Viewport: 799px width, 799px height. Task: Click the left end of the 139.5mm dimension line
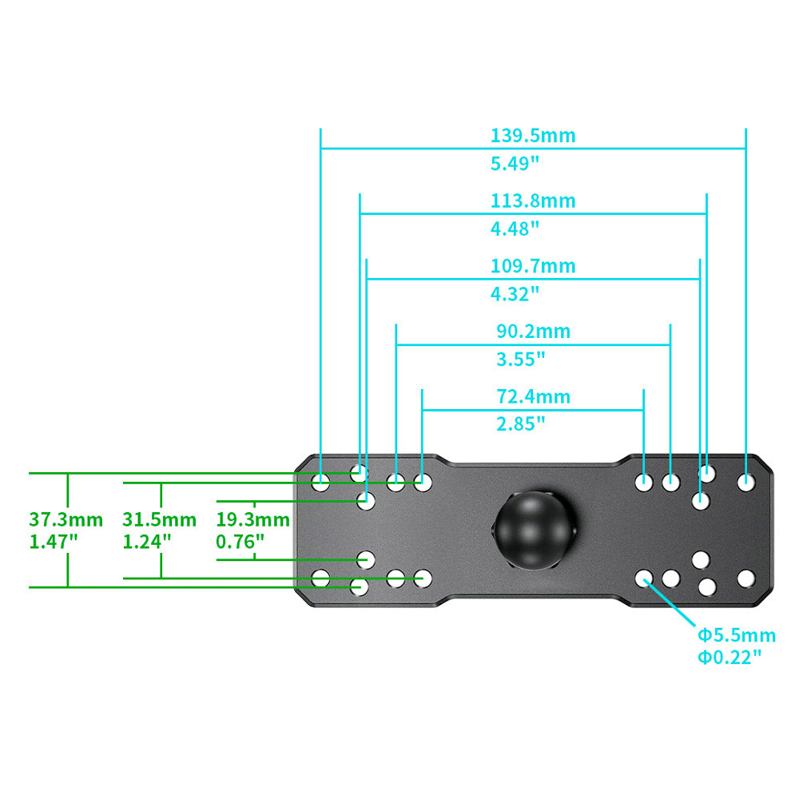click(320, 149)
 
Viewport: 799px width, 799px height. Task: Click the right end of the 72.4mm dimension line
click(643, 410)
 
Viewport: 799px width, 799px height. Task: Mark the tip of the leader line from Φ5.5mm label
click(645, 579)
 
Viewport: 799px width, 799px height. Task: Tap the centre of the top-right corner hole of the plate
click(746, 482)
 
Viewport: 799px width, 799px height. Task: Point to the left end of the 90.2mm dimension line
click(396, 345)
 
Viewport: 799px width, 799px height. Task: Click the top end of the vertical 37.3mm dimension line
click(68, 473)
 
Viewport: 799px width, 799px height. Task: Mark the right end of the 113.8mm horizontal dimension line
click(707, 214)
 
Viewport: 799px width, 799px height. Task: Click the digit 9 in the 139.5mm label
click(515, 136)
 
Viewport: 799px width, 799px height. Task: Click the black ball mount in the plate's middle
click(534, 530)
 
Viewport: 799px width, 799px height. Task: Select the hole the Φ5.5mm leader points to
click(644, 578)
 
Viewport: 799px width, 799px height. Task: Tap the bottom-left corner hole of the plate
click(320, 578)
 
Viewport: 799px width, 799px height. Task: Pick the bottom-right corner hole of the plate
click(746, 578)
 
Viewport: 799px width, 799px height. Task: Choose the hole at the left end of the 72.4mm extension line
click(423, 482)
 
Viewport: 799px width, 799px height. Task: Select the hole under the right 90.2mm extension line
click(670, 482)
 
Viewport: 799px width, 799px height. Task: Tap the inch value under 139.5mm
click(515, 164)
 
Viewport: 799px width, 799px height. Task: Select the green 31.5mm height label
click(160, 520)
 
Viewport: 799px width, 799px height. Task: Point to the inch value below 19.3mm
click(240, 541)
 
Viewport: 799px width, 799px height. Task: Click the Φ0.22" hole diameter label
click(729, 658)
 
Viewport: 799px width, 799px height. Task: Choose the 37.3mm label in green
click(66, 520)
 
